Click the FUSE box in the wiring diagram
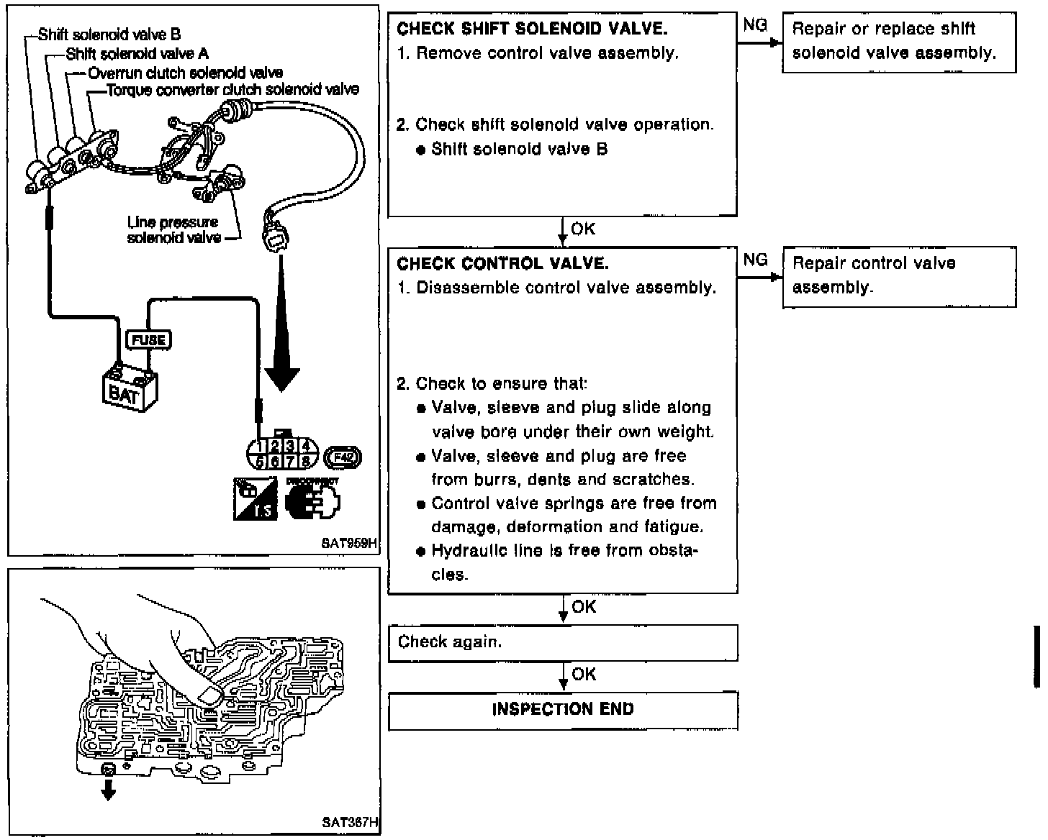click(x=148, y=339)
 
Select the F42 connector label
click(x=343, y=457)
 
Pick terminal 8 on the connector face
click(x=306, y=461)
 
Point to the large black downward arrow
click(x=281, y=338)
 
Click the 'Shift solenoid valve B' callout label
click(x=109, y=35)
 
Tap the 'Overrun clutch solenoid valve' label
click(x=186, y=73)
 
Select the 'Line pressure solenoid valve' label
click(x=173, y=230)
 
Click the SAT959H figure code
click(x=349, y=544)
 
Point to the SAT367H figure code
click(x=351, y=821)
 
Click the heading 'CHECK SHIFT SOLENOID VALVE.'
click(x=532, y=29)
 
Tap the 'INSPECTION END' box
click(x=563, y=710)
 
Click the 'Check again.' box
click(x=563, y=642)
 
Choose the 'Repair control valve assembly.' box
click(x=899, y=276)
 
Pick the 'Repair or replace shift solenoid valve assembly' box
click(x=899, y=42)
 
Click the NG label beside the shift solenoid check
click(x=755, y=25)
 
